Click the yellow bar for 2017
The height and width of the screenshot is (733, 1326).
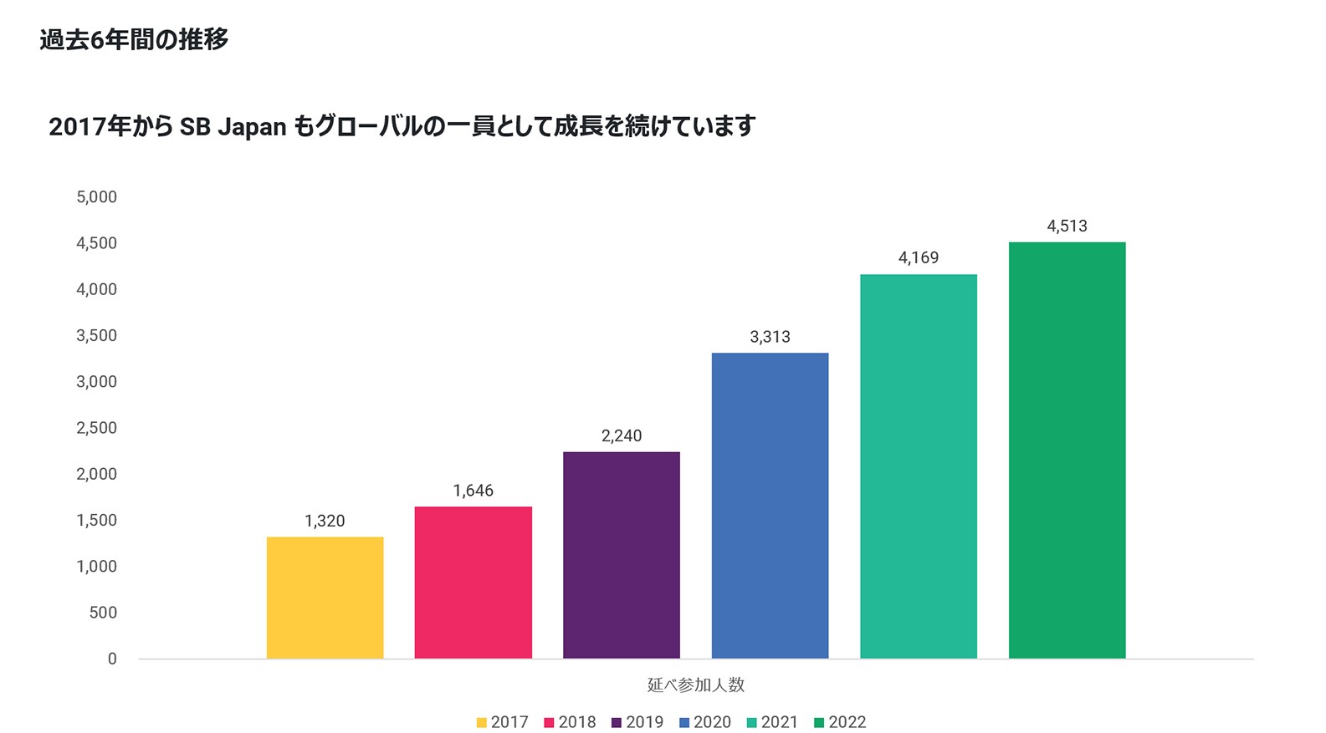pos(325,598)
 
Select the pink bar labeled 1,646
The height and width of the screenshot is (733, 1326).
pos(473,583)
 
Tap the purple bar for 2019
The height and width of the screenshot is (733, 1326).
pos(621,555)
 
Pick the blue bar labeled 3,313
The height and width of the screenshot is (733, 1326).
pos(770,506)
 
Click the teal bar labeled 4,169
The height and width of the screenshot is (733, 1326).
pos(918,466)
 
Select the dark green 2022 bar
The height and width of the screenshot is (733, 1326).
pos(1067,450)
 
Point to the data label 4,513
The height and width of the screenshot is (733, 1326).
pos(1067,226)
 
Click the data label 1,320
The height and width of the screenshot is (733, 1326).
pos(325,521)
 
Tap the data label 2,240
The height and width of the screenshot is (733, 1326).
pos(621,435)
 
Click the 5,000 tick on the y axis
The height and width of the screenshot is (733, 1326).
pos(96,197)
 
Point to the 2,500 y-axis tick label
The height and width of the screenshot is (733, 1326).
pos(96,428)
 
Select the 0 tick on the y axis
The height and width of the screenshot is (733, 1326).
pos(112,659)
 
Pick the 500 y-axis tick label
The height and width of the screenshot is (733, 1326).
pos(103,613)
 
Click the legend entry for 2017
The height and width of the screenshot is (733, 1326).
pos(502,722)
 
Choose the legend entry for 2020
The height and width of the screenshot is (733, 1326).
pos(704,722)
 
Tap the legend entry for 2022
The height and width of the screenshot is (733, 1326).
pos(840,722)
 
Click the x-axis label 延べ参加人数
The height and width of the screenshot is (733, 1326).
pos(695,685)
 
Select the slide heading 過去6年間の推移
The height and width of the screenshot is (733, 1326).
pos(134,39)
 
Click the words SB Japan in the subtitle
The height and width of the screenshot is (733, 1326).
pos(233,127)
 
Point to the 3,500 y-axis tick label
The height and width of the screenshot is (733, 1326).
pos(96,336)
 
